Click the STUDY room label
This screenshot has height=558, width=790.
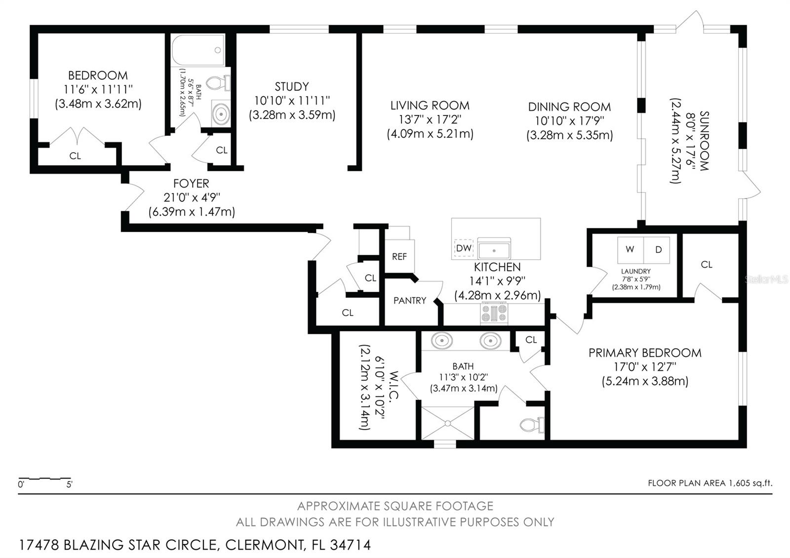coord(292,87)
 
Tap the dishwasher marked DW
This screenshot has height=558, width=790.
coord(463,248)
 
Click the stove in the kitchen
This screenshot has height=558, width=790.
coord(494,313)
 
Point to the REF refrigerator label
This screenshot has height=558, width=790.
coord(399,257)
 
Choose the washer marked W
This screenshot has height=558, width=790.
coord(630,250)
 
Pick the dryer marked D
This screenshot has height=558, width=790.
coord(658,250)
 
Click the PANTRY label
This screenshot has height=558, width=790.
coord(409,300)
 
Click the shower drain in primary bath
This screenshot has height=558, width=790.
coord(447,423)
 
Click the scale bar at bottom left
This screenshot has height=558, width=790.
coord(44,479)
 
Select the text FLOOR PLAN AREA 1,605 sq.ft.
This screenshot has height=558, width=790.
coord(710,483)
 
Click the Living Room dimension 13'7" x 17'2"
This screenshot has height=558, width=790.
coord(430,120)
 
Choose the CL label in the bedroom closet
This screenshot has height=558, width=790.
coord(75,156)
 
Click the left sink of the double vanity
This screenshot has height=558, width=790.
coord(441,340)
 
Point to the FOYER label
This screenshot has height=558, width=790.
coord(191,184)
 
